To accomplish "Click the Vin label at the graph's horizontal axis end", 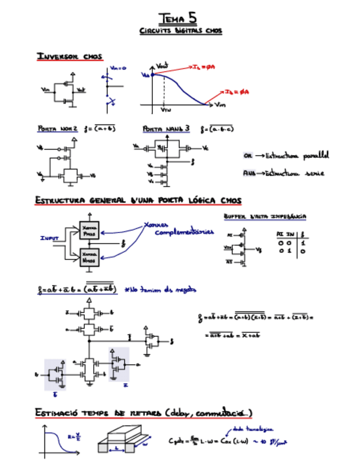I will click(220, 104).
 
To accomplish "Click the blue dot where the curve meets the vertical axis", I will click(152, 74).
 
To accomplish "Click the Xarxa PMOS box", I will click(88, 230).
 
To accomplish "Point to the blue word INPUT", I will click(49, 239).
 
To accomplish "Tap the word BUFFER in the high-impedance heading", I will click(235, 217).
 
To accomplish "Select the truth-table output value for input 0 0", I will click(302, 243).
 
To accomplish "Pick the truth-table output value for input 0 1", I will click(302, 251).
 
